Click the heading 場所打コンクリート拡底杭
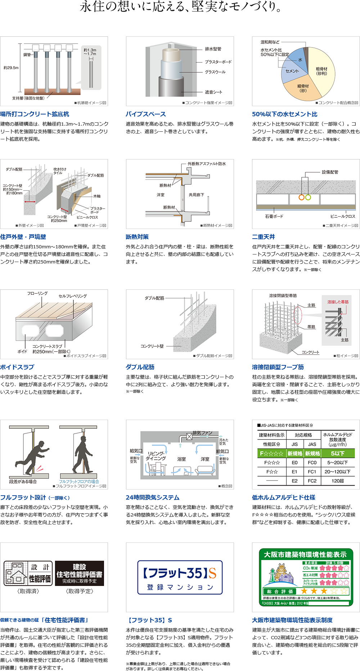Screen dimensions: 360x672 (x=35, y=114)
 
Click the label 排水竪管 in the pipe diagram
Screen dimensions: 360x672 (x=213, y=49)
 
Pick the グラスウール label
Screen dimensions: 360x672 (x=215, y=72)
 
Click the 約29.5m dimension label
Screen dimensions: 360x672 (x=11, y=68)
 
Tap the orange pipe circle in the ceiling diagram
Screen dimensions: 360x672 (x=301, y=197)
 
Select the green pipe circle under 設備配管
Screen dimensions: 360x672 (x=308, y=197)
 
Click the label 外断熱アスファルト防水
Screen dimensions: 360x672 (x=207, y=164)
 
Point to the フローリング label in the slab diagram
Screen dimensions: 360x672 (x=37, y=293)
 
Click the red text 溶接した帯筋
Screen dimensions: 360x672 (x=338, y=302)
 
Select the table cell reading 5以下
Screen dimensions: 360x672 (x=338, y=454)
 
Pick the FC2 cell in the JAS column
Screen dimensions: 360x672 (x=312, y=481)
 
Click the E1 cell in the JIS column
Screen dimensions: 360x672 (x=294, y=472)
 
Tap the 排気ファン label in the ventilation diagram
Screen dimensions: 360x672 (x=202, y=433)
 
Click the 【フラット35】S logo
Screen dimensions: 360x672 (x=180, y=577)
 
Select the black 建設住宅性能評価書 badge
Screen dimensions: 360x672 (x=80, y=573)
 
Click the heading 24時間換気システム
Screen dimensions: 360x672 (x=153, y=497)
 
